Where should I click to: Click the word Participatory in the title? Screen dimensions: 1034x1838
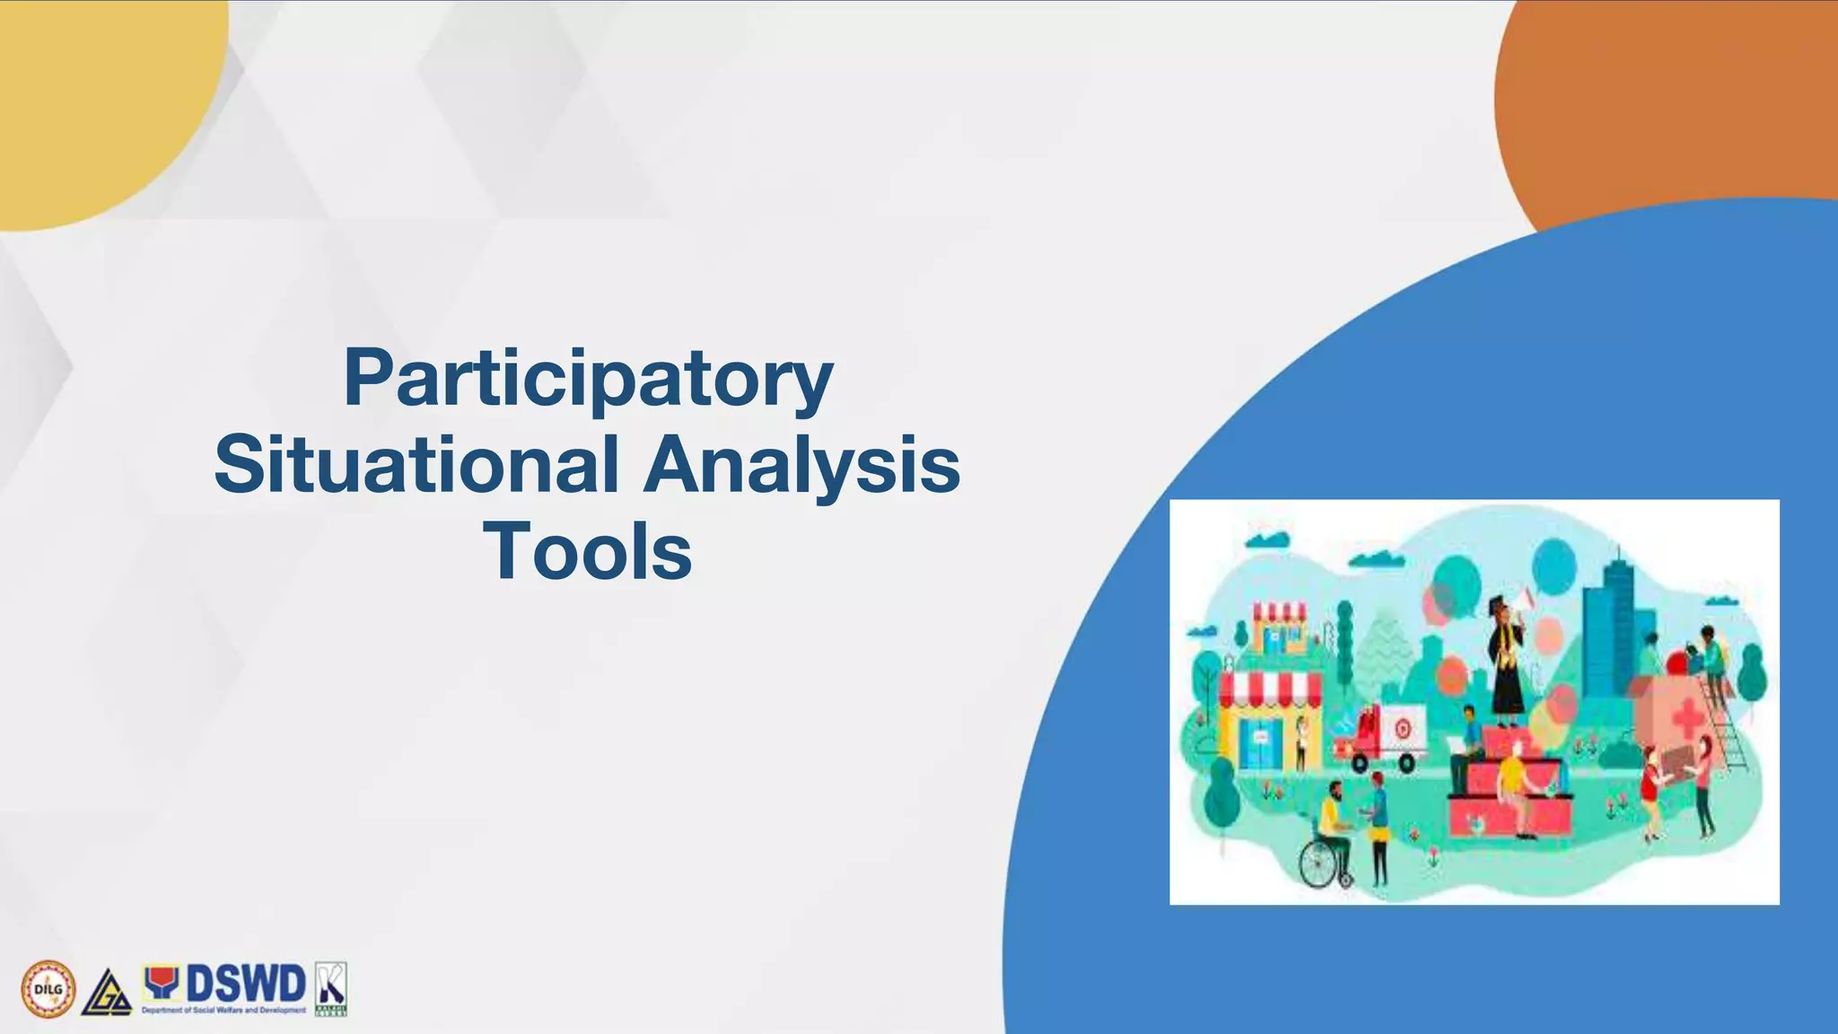[x=588, y=380]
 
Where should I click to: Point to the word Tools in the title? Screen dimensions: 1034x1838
[x=588, y=551]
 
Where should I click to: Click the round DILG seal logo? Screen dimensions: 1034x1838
[x=48, y=989]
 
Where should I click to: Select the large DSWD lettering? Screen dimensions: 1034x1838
[x=245, y=985]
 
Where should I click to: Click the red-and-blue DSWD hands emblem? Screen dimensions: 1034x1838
[x=162, y=983]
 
